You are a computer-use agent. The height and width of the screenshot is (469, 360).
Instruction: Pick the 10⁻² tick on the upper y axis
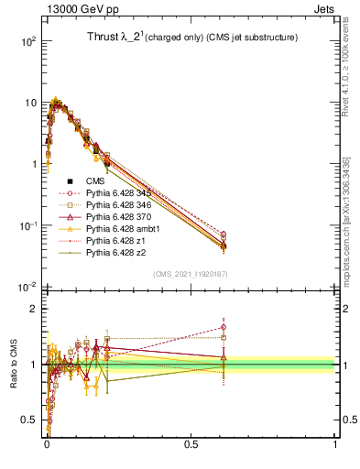[x=27, y=288]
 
